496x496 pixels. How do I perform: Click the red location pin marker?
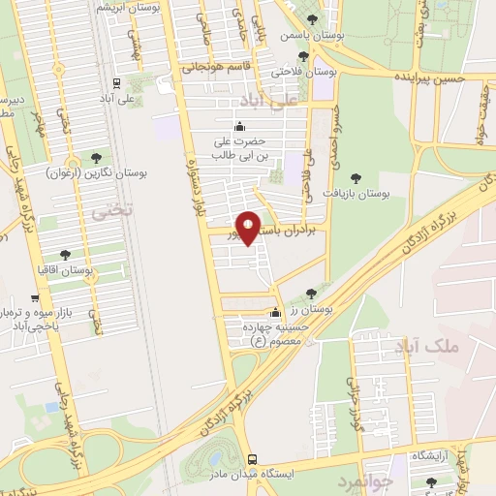[x=249, y=228]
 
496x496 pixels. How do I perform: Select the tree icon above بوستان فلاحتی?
[x=311, y=55]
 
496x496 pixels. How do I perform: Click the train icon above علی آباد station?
[x=116, y=83]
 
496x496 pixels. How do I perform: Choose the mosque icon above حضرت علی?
[x=240, y=125]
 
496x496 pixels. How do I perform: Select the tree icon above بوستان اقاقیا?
[x=65, y=255]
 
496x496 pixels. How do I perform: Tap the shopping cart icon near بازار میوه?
[x=35, y=298]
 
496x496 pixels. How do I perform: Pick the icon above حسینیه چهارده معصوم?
[x=276, y=313]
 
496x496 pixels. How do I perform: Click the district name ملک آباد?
[x=418, y=345]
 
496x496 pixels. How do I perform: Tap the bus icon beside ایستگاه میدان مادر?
[x=252, y=458]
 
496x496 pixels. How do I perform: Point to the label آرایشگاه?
[x=430, y=454]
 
